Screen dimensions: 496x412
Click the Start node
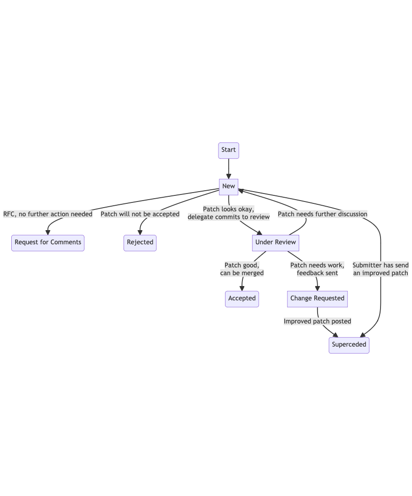point(228,150)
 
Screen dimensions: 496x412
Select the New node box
point(228,186)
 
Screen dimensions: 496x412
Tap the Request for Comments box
point(48,243)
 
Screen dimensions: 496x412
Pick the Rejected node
point(140,243)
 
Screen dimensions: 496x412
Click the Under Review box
point(275,243)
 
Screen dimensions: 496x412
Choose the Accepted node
point(242,299)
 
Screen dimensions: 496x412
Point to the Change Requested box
point(317,299)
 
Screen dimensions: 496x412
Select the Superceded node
point(349,345)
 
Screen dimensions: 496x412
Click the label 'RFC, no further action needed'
point(48,214)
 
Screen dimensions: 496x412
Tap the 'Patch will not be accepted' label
point(140,214)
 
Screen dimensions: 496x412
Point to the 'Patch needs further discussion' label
point(322,214)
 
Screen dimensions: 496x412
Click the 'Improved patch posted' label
point(317,322)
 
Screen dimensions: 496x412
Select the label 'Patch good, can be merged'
point(242,269)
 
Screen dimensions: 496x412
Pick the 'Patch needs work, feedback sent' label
point(317,269)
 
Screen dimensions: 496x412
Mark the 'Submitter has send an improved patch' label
point(381,269)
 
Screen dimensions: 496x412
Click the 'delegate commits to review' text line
point(229,217)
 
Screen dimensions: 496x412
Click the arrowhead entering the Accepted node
point(242,288)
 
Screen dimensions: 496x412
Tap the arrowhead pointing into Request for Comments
point(48,232)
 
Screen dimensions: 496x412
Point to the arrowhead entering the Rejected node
point(140,232)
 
